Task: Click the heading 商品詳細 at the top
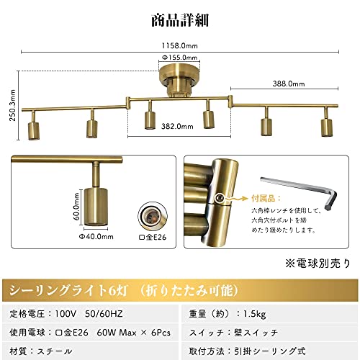pyautogui.click(x=179, y=19)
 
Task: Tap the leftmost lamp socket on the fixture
pyautogui.click(x=33, y=129)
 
